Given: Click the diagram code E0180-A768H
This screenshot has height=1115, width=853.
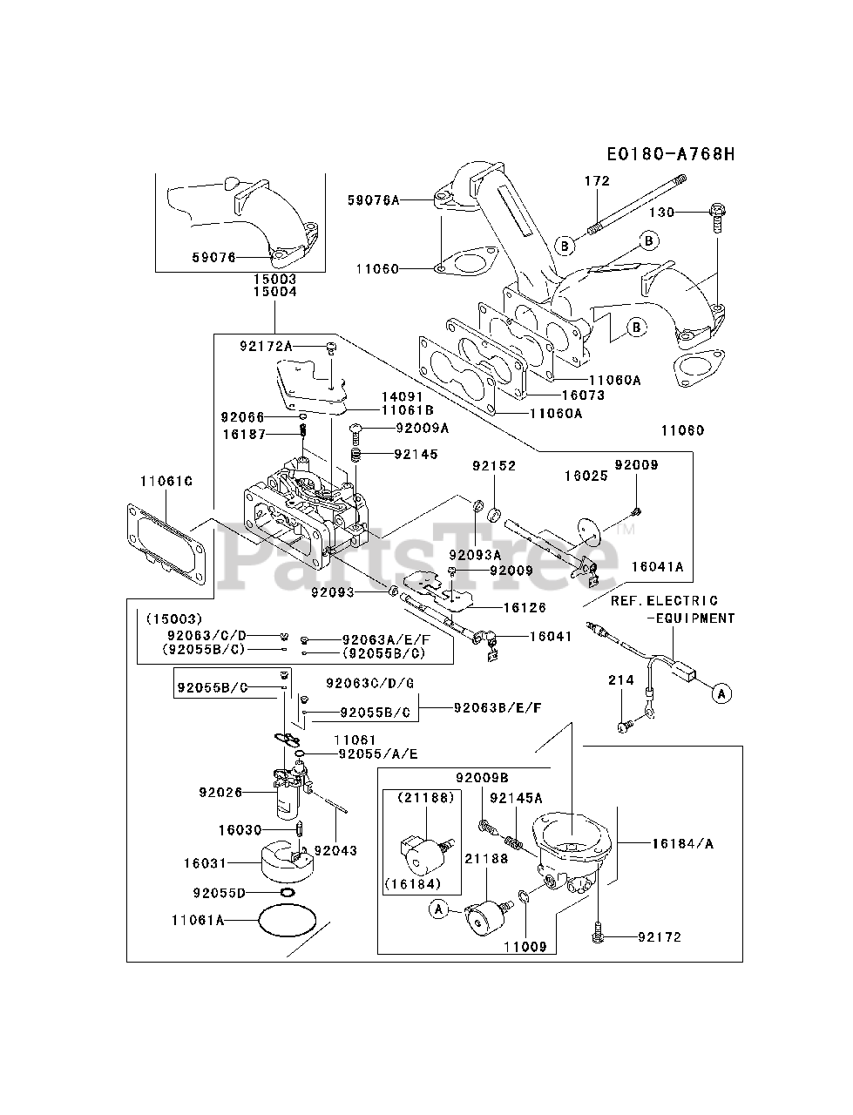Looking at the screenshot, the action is tap(671, 153).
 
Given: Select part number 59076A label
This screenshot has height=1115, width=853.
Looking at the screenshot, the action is tap(374, 200).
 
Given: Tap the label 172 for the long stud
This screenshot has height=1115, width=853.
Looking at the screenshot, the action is tap(597, 180).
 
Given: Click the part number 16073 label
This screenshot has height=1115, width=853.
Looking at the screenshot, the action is tap(583, 395).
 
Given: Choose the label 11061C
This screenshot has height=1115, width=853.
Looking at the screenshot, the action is tap(166, 481).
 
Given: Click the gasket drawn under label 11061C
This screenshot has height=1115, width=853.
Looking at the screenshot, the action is tap(166, 544).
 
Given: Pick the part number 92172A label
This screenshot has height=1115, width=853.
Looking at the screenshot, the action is tap(267, 346).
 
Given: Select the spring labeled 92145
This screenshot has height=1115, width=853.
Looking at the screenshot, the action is tap(356, 454).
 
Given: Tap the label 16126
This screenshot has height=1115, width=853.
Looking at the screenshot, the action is tap(525, 607).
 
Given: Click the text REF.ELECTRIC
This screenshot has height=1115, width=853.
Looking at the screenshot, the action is tap(664, 600).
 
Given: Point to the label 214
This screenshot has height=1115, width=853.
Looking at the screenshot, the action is tap(621, 679).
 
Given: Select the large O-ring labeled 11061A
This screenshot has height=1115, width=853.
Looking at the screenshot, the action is tap(287, 920).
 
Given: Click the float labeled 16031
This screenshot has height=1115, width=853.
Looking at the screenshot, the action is tap(287, 862).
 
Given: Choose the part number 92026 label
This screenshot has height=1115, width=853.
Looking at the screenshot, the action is tap(220, 792).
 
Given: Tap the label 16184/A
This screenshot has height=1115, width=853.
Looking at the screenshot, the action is tap(683, 844).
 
